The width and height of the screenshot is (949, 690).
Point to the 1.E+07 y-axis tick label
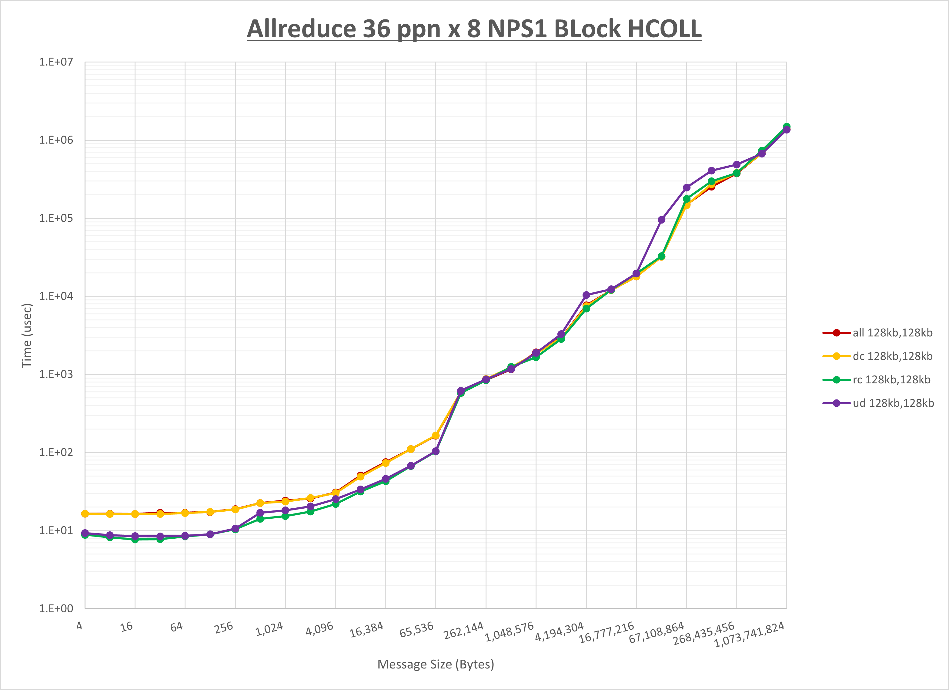(56, 62)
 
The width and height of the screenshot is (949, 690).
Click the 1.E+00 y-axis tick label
(56, 608)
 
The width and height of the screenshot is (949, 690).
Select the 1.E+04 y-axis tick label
(56, 296)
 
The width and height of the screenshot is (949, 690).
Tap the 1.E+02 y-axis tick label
(56, 452)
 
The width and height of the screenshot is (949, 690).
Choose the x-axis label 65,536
(416, 630)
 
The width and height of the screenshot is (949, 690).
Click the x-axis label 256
(224, 628)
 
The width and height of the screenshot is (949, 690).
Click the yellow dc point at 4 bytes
(85, 513)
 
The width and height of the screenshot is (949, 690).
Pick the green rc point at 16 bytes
(135, 539)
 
